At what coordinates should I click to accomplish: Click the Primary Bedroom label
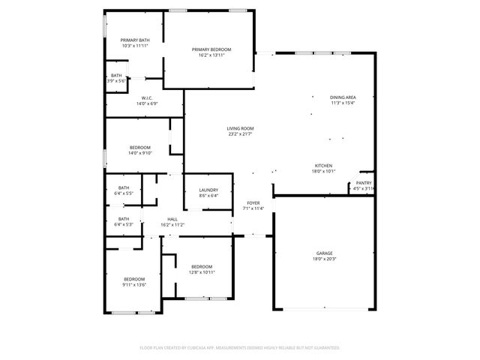pyautogui.click(x=211, y=49)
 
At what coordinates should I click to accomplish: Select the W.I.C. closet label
pyautogui.click(x=147, y=98)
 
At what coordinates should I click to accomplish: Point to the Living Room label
pyautogui.click(x=240, y=128)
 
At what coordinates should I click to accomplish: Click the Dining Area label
pyautogui.click(x=343, y=97)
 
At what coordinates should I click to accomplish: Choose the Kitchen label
pyautogui.click(x=323, y=165)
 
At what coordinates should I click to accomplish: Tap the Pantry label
pyautogui.click(x=364, y=183)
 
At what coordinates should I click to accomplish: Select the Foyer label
pyautogui.click(x=253, y=203)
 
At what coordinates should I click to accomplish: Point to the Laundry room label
pyautogui.click(x=208, y=190)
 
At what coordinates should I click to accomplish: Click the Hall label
pyautogui.click(x=172, y=219)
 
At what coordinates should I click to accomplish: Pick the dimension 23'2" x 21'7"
pyautogui.click(x=240, y=134)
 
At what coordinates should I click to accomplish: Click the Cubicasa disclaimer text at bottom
pyautogui.click(x=240, y=348)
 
